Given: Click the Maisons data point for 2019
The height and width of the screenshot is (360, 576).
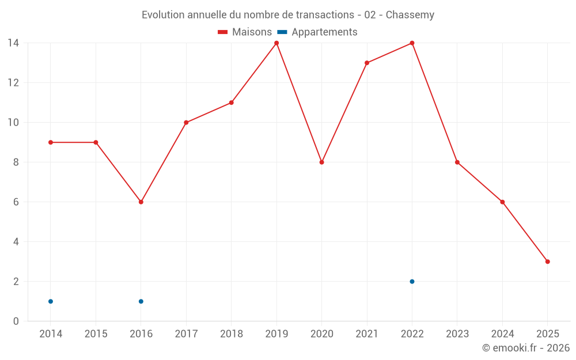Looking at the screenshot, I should [x=276, y=43].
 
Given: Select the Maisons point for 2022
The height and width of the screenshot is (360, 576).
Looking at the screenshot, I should [x=412, y=43].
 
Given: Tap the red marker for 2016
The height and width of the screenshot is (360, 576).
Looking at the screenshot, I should [x=141, y=202].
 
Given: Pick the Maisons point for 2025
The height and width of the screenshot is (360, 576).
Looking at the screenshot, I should [x=547, y=262].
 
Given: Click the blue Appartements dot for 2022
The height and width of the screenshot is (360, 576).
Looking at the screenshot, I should [x=412, y=282].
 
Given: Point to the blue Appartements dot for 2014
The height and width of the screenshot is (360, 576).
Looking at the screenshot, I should [x=51, y=301].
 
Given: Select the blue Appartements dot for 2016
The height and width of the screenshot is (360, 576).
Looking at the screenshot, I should [x=141, y=301].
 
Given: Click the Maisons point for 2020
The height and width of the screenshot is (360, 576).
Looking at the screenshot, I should [x=321, y=162].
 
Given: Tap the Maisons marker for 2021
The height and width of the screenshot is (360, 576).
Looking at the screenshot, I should [x=367, y=63].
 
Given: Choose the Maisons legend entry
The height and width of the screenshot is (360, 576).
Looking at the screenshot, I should [x=245, y=32].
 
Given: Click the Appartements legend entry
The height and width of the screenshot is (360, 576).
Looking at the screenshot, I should [x=318, y=32].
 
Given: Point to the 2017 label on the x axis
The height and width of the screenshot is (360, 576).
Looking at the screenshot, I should [x=186, y=334].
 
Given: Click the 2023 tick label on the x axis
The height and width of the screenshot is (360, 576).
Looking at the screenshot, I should [x=457, y=334].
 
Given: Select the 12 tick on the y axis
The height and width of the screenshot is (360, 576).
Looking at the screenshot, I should [x=13, y=83].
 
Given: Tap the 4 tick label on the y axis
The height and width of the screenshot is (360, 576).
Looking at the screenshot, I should [x=16, y=242].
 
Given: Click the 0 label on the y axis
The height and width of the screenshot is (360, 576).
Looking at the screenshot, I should [x=16, y=321].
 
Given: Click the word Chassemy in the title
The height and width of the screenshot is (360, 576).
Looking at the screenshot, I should [x=410, y=15].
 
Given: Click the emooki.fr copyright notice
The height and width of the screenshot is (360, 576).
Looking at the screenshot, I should [x=525, y=348].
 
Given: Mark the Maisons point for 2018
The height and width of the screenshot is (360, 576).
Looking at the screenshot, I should [x=231, y=103].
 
